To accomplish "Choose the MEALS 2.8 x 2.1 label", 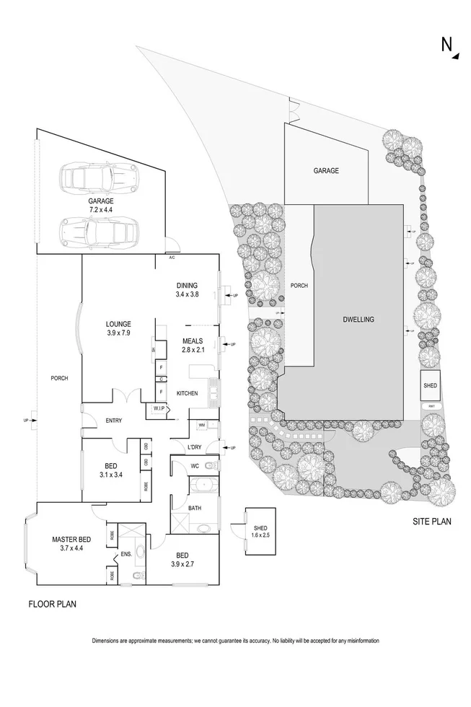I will [192, 346].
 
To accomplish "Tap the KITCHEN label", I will [188, 393].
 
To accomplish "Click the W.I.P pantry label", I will [159, 409].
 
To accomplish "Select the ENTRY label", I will [113, 421].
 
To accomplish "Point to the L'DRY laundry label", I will [194, 448].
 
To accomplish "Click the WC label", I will [194, 466].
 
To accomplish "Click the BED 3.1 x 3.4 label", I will [111, 470].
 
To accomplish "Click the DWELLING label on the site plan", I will [358, 319].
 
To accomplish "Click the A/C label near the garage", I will [172, 258].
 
